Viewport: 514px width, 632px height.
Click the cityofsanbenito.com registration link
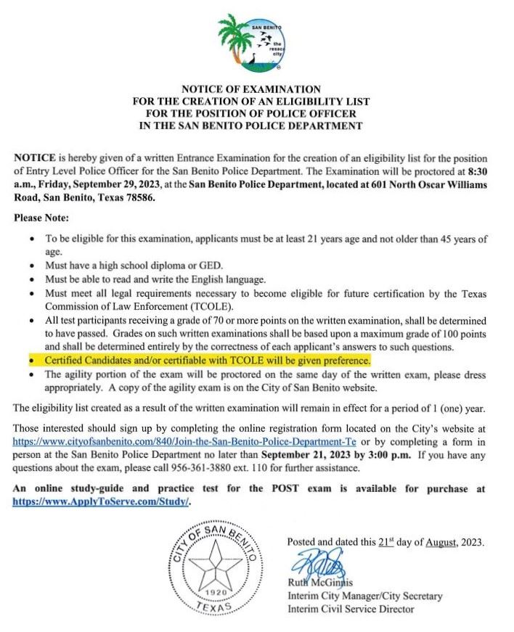tap(184, 440)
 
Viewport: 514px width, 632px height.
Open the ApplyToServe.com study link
tap(101, 501)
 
